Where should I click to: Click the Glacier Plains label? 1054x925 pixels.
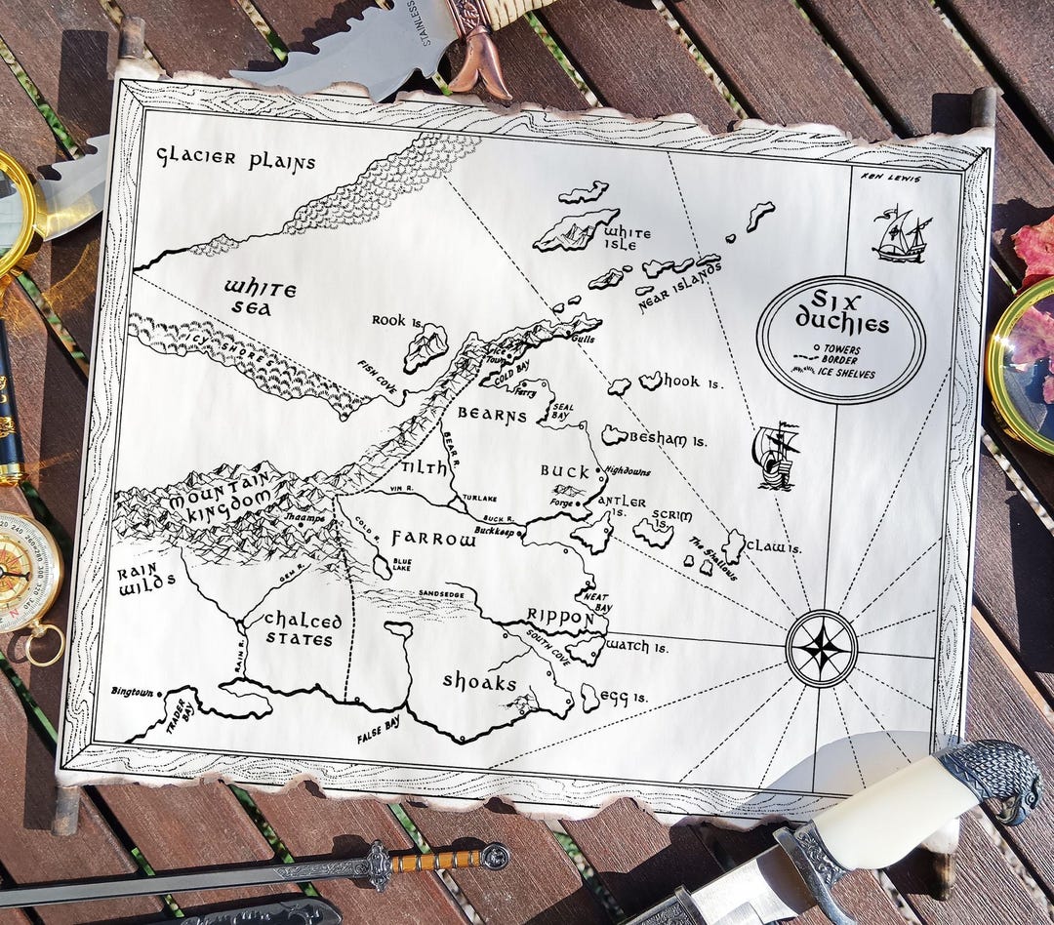pos(237,159)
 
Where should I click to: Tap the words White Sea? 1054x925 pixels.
pos(260,299)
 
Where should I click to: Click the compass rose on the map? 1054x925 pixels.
pos(822,648)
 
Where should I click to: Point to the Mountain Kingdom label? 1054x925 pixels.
pos(217,493)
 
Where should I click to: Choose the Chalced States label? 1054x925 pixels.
pos(304,630)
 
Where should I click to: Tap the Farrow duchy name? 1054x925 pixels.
pos(434,538)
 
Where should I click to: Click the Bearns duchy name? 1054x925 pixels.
pos(492,415)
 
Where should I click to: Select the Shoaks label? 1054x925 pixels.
pos(479,681)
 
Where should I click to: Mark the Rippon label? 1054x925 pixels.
pos(560,617)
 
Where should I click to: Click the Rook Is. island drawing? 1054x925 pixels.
pos(426,346)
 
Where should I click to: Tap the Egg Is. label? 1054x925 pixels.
pos(626,697)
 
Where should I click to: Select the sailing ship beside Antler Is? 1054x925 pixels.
pos(776,455)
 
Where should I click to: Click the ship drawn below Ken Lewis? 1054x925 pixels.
pos(901,235)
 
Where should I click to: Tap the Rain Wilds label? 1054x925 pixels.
pos(145,581)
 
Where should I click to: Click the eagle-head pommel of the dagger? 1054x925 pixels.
pos(993,777)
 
